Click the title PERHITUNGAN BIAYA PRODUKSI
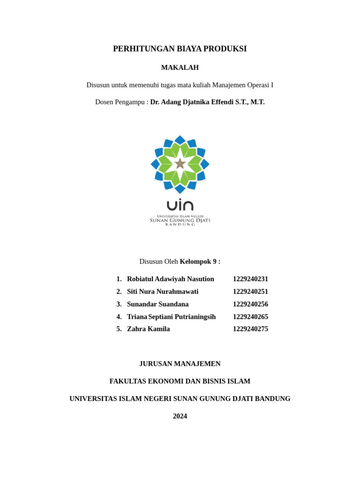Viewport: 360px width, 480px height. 180,49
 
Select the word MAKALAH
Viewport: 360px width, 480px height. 180,67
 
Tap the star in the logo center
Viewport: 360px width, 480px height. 180,164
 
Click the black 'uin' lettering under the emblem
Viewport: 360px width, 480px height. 180,205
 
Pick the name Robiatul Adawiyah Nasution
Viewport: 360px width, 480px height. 170,279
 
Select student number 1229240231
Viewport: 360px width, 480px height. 250,279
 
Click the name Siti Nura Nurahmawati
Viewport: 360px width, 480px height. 163,292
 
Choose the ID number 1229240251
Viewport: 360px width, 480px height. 250,292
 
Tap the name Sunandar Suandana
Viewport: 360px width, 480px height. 157,304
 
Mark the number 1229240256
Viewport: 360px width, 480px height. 250,304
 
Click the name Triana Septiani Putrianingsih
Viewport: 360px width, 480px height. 171,317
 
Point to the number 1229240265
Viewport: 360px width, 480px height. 250,317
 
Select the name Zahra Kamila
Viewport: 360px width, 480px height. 148,329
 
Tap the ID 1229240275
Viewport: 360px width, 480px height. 250,329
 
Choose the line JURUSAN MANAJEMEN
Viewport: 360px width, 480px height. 180,364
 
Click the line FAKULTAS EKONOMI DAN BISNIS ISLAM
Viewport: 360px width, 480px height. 180,381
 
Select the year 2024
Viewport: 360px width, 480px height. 180,416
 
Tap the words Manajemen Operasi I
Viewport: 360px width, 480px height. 242,85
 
